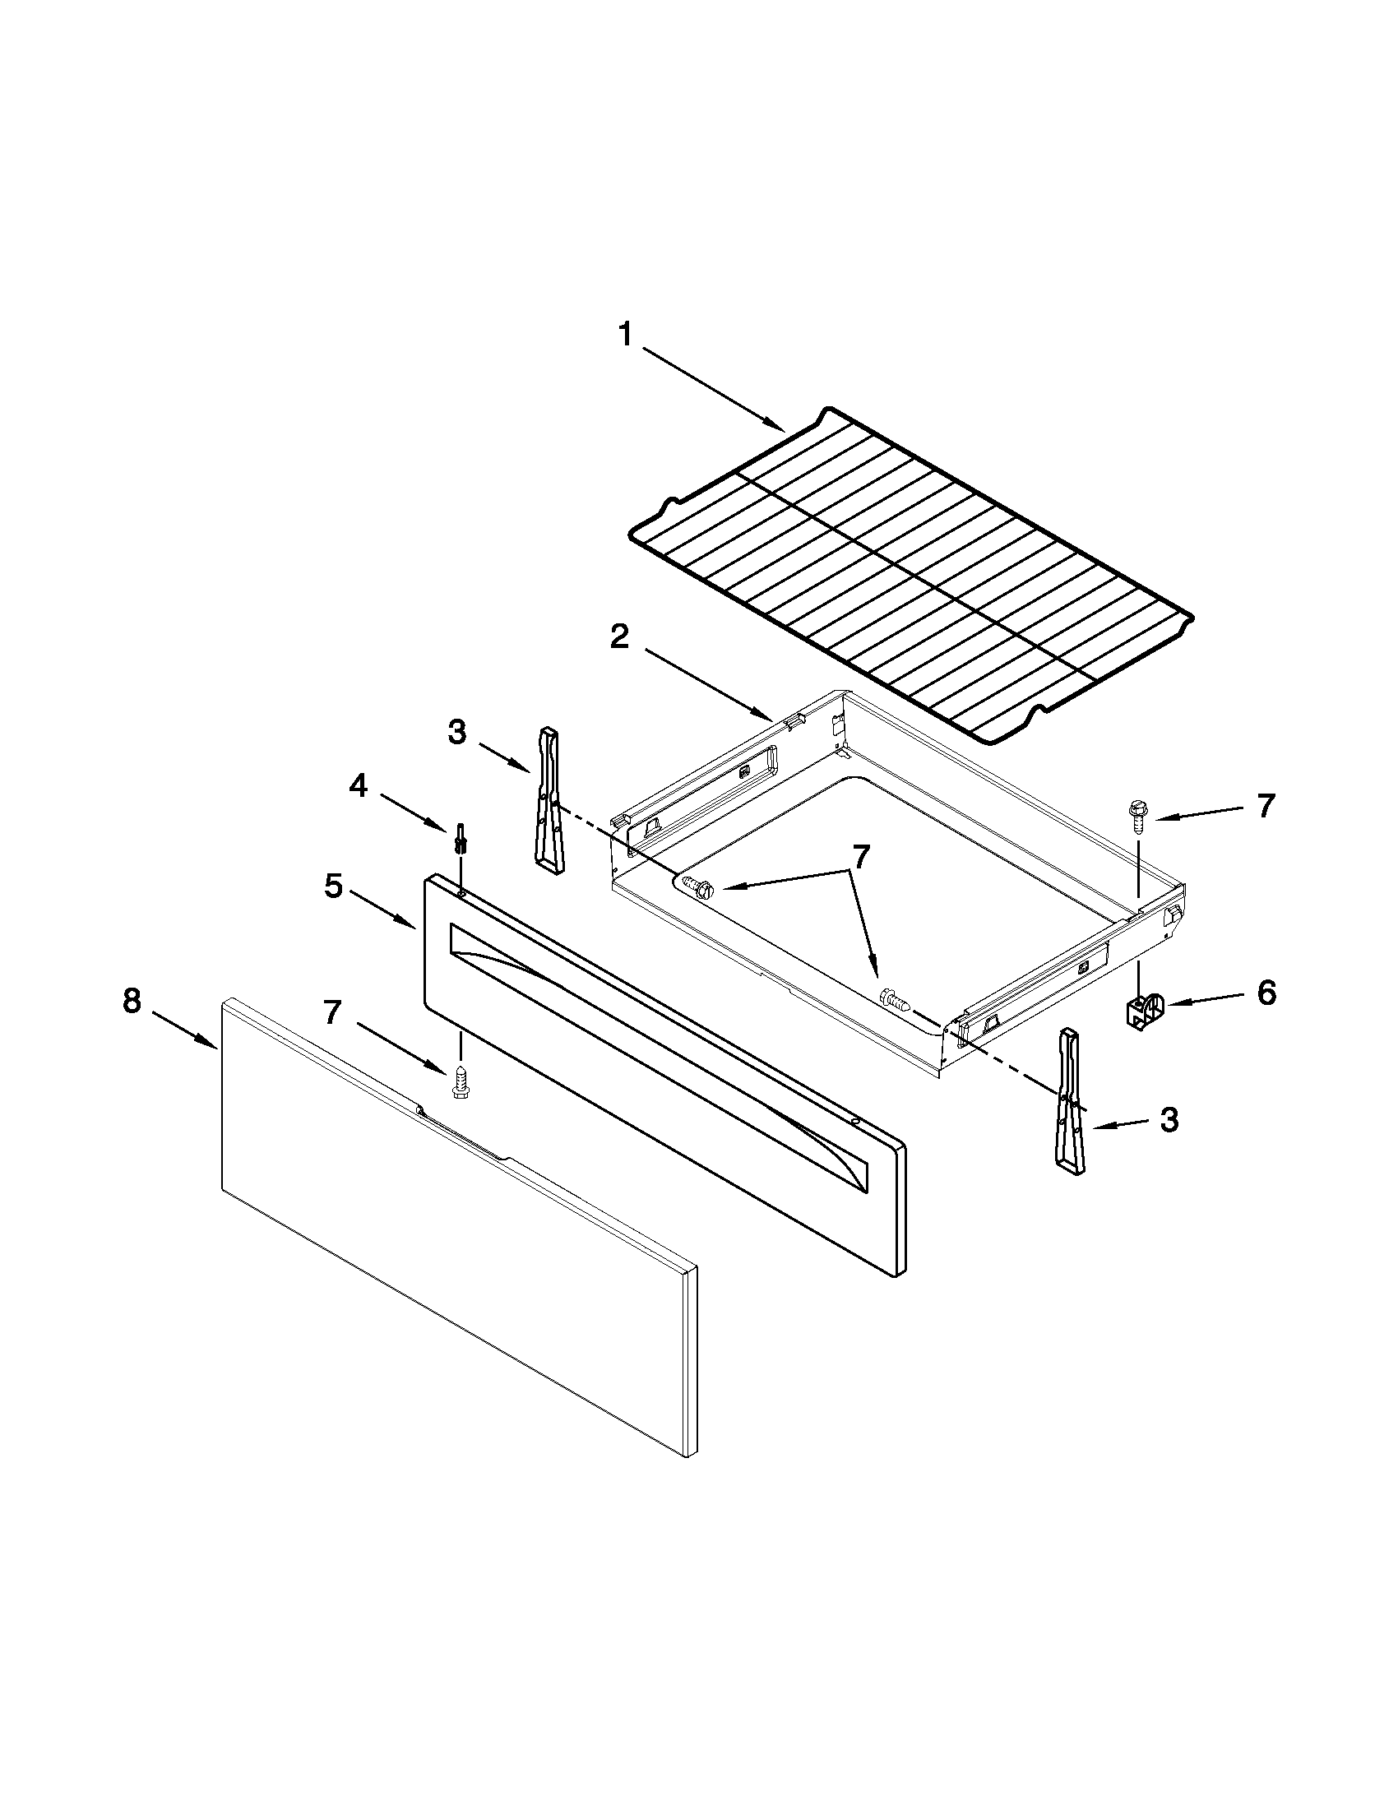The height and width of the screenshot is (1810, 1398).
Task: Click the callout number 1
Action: pyautogui.click(x=626, y=336)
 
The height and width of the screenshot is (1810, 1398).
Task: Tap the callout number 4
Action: pyautogui.click(x=357, y=785)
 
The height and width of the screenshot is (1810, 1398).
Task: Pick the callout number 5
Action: pyautogui.click(x=331, y=886)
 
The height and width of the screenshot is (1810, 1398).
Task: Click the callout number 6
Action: pyautogui.click(x=1266, y=992)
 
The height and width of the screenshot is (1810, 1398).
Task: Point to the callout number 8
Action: pyautogui.click(x=132, y=1002)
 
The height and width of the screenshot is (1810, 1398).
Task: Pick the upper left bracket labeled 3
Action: pyautogui.click(x=549, y=799)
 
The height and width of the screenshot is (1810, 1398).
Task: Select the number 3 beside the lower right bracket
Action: pyautogui.click(x=1169, y=1122)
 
